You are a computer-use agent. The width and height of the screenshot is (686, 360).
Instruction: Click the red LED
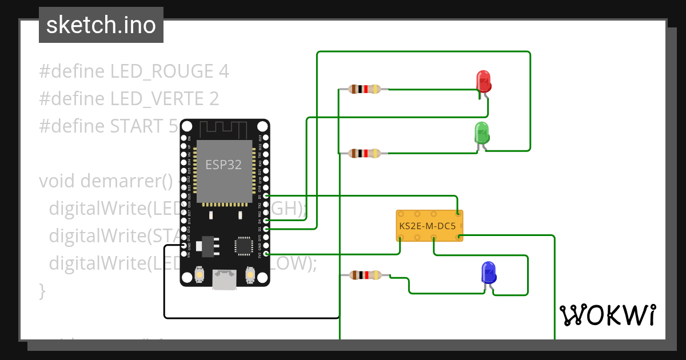pyautogui.click(x=484, y=81)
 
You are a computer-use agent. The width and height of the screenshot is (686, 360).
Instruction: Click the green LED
pyautogui.click(x=481, y=133)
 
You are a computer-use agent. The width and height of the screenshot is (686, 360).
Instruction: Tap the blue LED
pyautogui.click(x=489, y=273)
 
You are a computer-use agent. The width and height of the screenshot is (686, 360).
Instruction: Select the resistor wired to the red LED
pyautogui.click(x=364, y=89)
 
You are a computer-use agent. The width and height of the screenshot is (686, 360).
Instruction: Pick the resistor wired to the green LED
pyautogui.click(x=364, y=153)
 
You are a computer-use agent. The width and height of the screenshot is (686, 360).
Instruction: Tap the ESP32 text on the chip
pyautogui.click(x=224, y=165)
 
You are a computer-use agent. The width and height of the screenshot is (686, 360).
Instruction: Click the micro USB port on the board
pyautogui.click(x=224, y=279)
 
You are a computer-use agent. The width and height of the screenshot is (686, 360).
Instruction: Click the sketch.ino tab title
pyautogui.click(x=101, y=25)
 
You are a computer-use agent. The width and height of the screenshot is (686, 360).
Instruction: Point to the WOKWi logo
pyautogui.click(x=607, y=315)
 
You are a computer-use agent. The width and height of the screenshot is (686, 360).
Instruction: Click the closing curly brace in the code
pyautogui.click(x=42, y=290)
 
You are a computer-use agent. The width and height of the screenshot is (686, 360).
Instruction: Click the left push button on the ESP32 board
pyautogui.click(x=200, y=275)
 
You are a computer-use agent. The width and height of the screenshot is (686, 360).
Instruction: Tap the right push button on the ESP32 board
pyautogui.click(x=249, y=275)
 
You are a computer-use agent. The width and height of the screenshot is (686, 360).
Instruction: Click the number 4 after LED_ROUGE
pyautogui.click(x=224, y=71)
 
